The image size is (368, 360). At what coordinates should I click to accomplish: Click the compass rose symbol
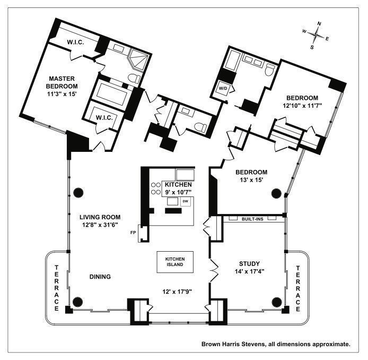click(316, 35)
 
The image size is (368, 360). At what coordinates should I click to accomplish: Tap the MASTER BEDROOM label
click(62, 82)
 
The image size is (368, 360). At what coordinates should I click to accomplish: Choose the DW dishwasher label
click(186, 202)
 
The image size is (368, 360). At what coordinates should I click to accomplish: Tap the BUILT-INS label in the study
click(253, 219)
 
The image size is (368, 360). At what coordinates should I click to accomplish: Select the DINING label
click(100, 276)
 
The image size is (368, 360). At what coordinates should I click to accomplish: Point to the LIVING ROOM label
click(100, 217)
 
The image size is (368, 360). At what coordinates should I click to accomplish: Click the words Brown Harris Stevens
click(232, 344)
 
